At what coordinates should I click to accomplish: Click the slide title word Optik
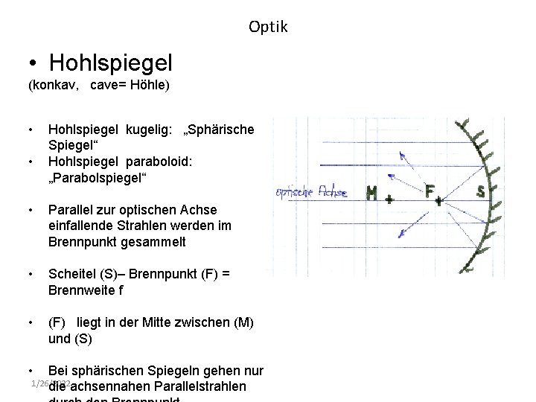point(268,28)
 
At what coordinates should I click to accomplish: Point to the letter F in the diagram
point(430,191)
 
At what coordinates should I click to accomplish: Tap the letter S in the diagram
point(480,191)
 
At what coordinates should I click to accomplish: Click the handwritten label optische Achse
point(311,192)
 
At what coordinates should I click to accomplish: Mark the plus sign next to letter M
point(389,200)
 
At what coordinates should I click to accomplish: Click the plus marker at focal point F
point(439,200)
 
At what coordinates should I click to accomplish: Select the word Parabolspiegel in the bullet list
point(98,178)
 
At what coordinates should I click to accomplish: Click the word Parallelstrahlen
point(200,386)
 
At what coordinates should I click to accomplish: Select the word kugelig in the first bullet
point(147,130)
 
